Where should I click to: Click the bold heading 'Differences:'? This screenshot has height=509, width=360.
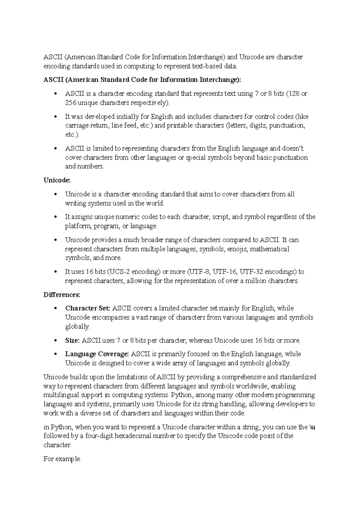point(62,295)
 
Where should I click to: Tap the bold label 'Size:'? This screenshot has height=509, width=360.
point(72,340)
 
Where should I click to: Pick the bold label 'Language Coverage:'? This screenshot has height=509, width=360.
point(97,354)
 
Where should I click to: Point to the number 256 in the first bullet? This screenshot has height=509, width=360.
point(71,103)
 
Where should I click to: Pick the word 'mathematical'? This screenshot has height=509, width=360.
point(270,249)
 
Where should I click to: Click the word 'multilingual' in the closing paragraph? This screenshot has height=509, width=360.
point(61,395)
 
